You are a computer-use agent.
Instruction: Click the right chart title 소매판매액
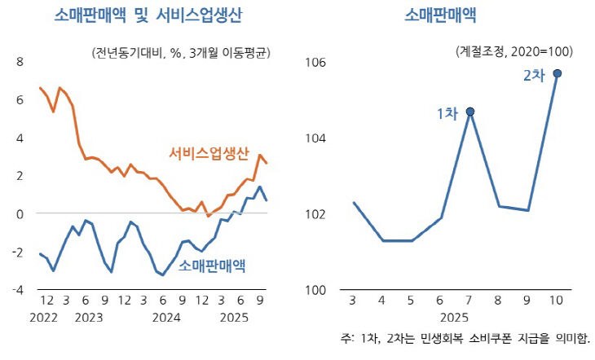click(x=440, y=16)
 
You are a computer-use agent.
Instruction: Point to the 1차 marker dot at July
click(x=470, y=112)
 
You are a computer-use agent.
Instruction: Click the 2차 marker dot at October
click(x=557, y=73)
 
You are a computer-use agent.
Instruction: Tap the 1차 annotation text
click(x=447, y=114)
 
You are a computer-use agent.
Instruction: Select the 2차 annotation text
click(x=533, y=76)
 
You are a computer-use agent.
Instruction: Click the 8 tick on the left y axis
click(x=20, y=62)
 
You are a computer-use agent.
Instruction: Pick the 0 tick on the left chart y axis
click(x=20, y=213)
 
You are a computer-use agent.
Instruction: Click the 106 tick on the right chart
click(x=315, y=62)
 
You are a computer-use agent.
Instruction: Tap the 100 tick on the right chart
click(x=315, y=289)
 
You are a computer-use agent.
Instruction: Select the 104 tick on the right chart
click(x=315, y=138)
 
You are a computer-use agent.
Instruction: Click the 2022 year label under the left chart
click(x=43, y=318)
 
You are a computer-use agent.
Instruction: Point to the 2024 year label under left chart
click(x=166, y=318)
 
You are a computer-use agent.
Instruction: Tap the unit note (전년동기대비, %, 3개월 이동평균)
click(x=183, y=53)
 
